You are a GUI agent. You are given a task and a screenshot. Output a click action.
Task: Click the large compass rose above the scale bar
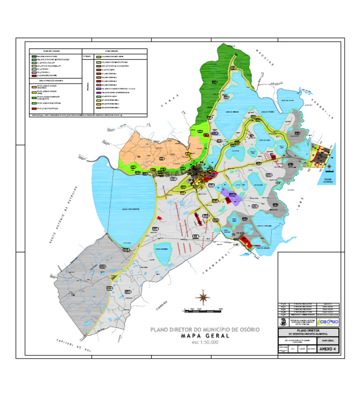point(202,297)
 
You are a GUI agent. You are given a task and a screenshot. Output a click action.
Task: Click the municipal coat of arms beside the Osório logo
point(283,322)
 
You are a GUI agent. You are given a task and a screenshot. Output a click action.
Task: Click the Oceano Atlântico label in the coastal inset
point(326,180)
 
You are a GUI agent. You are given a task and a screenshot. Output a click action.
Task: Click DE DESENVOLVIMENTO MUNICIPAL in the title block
point(308,333)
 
